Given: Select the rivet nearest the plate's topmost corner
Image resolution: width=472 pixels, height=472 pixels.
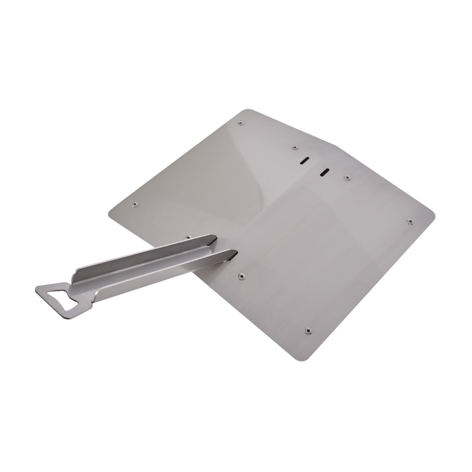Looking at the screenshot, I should [241, 124].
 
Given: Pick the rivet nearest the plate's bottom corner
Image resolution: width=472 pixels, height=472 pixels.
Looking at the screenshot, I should [307, 330].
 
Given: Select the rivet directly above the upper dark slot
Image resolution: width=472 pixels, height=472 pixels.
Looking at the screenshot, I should [295, 148].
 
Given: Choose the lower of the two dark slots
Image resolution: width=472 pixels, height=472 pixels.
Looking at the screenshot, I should [324, 172].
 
